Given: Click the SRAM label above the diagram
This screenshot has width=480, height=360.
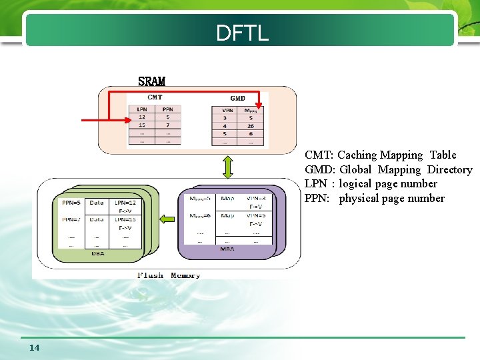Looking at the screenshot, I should point(151,81).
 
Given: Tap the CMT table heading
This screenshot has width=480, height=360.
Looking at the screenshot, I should point(155,97).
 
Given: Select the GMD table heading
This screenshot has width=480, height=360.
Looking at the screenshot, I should point(237,98).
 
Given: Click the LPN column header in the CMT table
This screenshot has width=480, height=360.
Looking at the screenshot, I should point(142,109).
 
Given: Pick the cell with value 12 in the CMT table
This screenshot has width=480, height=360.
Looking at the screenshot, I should point(142,117).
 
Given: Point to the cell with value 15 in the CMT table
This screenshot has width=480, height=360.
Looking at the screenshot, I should point(142,125).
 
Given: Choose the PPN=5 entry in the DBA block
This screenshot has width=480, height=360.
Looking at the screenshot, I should point(71,201).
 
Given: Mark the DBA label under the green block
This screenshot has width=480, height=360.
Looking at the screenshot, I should point(97,253).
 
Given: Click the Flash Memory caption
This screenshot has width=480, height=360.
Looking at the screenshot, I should point(168,275).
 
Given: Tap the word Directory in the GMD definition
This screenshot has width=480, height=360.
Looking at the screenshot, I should point(449,170).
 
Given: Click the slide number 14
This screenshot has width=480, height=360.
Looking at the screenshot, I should point(35,347).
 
